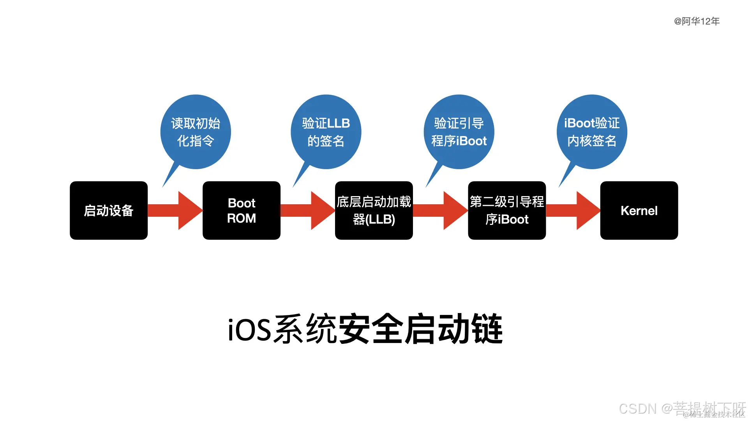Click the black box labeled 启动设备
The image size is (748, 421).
point(109,210)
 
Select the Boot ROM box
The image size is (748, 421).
point(242,210)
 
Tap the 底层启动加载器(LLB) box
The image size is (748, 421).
point(374,210)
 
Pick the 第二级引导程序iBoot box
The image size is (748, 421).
point(507,210)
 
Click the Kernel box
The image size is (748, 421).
point(639,210)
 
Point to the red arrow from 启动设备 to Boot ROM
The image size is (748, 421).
point(175,210)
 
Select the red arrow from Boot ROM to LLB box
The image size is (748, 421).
point(308,210)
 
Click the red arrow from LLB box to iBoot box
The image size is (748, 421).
point(441,210)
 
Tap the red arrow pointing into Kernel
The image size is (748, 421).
point(573,210)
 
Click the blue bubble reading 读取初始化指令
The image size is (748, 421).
point(196,132)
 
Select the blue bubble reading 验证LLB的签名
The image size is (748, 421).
point(326,132)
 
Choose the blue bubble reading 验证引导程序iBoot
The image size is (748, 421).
point(459,132)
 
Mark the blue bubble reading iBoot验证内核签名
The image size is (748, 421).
point(592,132)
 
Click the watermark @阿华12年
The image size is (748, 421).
point(697,21)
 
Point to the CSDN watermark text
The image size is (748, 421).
point(637,409)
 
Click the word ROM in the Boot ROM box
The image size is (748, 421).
point(242,218)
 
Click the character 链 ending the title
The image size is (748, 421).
point(487,330)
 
